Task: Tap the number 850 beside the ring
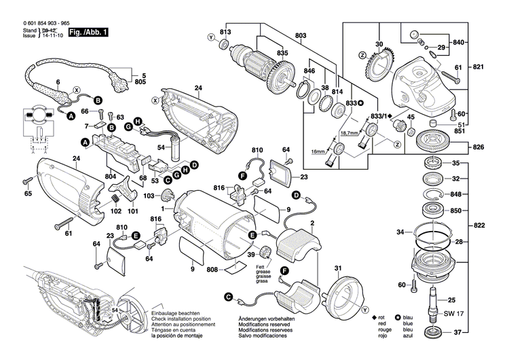(456, 211)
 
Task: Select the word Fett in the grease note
(261, 267)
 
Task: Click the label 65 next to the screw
(28, 194)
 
